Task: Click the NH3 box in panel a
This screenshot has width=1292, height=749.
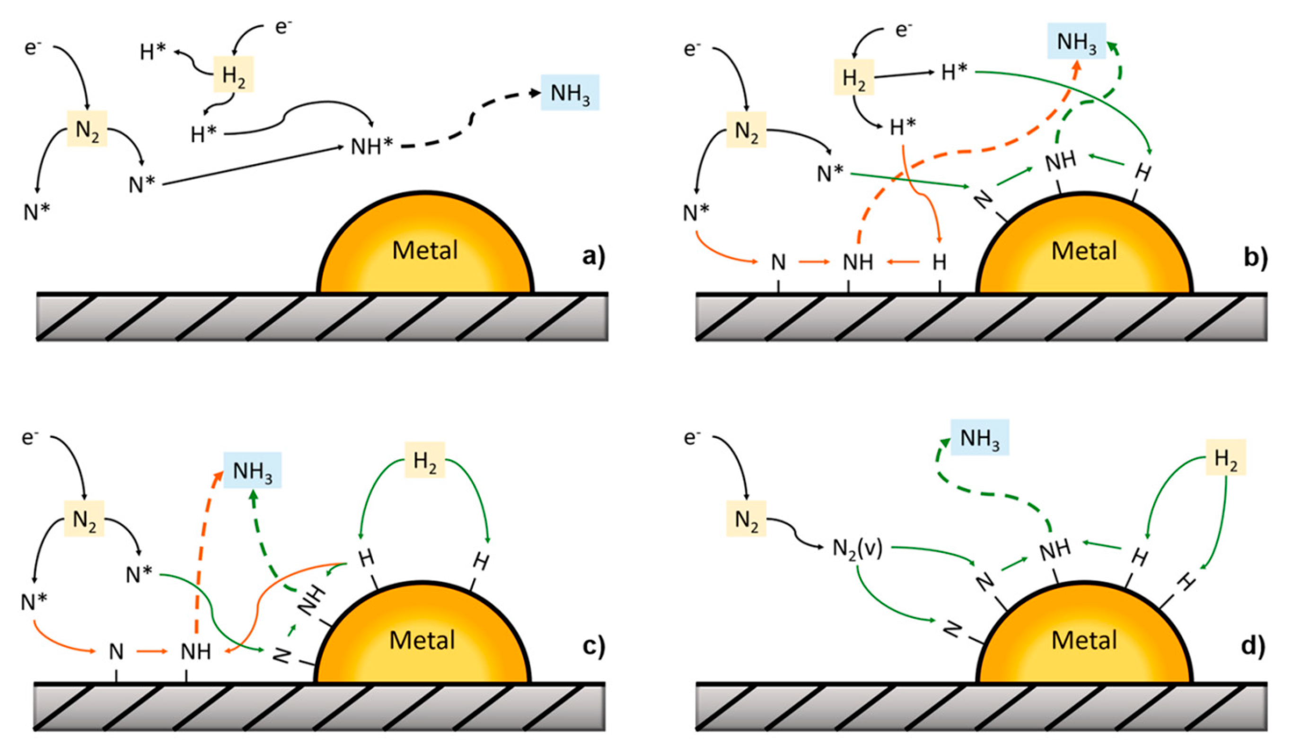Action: (570, 93)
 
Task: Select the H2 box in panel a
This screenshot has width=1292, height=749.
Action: (233, 75)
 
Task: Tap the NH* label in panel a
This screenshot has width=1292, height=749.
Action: (372, 147)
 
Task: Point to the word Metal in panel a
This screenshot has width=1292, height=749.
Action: (425, 250)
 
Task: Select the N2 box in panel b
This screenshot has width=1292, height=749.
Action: (746, 130)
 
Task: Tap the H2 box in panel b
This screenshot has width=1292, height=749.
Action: (853, 78)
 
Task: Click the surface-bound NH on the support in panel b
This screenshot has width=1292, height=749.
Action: (858, 263)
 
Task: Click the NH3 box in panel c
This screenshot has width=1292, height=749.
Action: (252, 470)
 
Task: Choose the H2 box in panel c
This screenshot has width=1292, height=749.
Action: (424, 460)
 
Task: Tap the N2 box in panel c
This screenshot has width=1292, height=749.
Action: (84, 518)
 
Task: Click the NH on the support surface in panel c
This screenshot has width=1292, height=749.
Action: (196, 652)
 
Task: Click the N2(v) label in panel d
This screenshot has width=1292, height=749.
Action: (857, 548)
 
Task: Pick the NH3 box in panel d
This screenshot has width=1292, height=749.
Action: (980, 437)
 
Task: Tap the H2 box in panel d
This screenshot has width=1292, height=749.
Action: (1225, 456)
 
